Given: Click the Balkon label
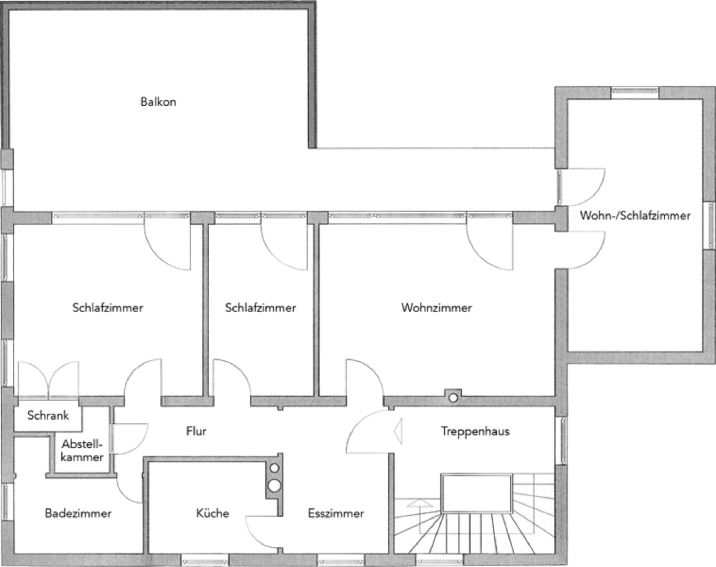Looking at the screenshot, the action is pyautogui.click(x=158, y=102).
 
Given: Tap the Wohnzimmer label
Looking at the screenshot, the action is pyautogui.click(x=436, y=308).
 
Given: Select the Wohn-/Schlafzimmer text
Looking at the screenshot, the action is pyautogui.click(x=635, y=215).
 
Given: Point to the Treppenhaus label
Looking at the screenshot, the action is pyautogui.click(x=475, y=431).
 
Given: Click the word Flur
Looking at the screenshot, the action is pyautogui.click(x=196, y=431).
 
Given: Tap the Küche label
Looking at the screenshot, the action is pyautogui.click(x=213, y=513).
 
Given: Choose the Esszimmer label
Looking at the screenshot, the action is pyautogui.click(x=336, y=513).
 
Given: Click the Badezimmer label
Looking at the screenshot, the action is pyautogui.click(x=78, y=513).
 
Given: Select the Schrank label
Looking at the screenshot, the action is pyautogui.click(x=48, y=416).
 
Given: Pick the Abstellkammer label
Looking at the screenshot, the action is pyautogui.click(x=82, y=451).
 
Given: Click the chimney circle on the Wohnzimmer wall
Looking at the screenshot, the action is pyautogui.click(x=453, y=398).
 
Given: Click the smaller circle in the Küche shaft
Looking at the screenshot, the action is pyautogui.click(x=274, y=468).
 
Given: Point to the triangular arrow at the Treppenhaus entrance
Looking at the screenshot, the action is pyautogui.click(x=398, y=431).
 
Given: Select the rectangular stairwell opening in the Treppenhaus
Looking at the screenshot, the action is pyautogui.click(x=477, y=494).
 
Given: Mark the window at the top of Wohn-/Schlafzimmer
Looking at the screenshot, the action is pyautogui.click(x=635, y=93).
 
